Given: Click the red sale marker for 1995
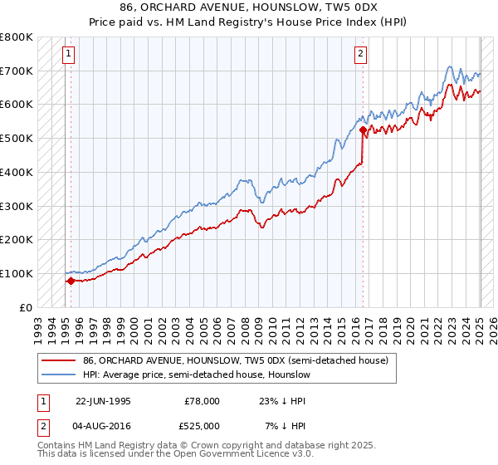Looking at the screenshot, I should (71, 281).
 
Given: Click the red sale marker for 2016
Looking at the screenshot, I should (363, 130).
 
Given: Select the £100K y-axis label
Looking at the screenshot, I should (16, 273).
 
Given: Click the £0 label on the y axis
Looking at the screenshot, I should (25, 307).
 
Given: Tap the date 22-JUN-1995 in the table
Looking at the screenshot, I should (103, 401).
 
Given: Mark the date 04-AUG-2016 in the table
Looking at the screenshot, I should (103, 426).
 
